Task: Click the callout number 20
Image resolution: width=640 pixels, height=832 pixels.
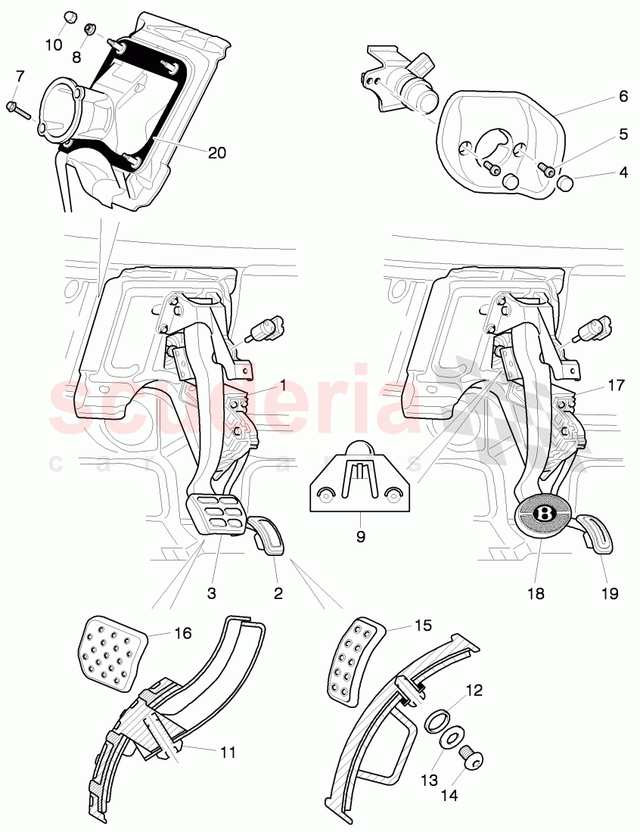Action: (x=216, y=152)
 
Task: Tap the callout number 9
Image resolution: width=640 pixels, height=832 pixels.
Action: (x=361, y=537)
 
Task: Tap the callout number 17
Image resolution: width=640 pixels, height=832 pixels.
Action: (x=616, y=385)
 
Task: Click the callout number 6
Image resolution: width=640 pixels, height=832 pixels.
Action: (x=623, y=96)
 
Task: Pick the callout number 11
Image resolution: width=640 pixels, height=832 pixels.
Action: (x=228, y=753)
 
